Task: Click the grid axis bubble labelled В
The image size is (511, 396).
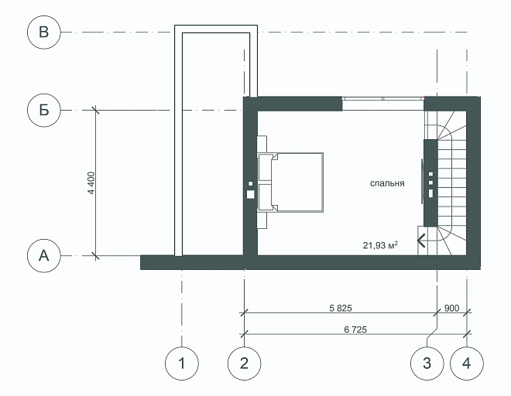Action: (x=43, y=32)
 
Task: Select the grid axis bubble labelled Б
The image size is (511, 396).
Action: (x=43, y=110)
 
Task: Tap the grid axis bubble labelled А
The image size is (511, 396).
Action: (x=43, y=256)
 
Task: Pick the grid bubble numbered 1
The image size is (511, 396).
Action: (x=182, y=364)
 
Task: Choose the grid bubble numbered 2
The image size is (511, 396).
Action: (x=244, y=364)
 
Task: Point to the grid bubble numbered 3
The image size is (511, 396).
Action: (x=427, y=364)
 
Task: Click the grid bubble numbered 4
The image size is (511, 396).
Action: (x=467, y=364)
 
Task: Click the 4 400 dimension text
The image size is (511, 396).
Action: (x=91, y=183)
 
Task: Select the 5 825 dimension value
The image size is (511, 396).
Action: (x=341, y=308)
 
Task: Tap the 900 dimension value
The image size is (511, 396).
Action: (x=451, y=308)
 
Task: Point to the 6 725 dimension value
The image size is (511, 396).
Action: (x=355, y=329)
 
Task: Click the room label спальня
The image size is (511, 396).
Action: (x=387, y=183)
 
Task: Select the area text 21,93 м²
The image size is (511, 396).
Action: (x=380, y=245)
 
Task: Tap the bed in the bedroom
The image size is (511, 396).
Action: (x=290, y=183)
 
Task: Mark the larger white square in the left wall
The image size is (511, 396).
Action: (x=250, y=194)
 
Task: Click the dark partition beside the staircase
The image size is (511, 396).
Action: (x=430, y=183)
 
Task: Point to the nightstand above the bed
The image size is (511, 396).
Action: (x=262, y=144)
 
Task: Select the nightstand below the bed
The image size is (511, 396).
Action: (x=262, y=220)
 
